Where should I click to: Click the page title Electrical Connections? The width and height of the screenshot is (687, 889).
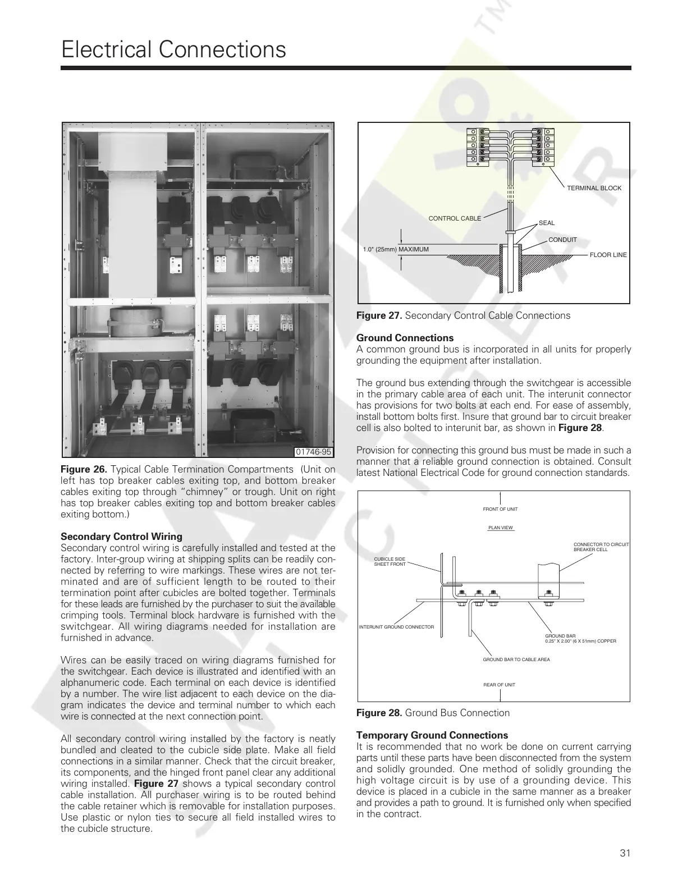point(173,49)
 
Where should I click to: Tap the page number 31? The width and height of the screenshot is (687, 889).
point(625,853)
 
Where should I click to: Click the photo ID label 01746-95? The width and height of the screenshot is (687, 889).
point(313,452)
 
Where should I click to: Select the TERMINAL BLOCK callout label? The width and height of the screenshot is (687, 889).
point(594,188)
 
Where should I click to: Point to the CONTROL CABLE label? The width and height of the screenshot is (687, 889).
point(455,218)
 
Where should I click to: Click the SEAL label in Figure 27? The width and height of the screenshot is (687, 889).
point(546,223)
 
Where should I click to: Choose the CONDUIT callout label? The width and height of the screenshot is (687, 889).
point(562,240)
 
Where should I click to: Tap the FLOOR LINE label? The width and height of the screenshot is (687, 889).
point(608,255)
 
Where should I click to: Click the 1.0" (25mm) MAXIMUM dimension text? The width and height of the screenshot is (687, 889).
point(396,249)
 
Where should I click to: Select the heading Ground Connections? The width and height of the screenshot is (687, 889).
point(405,338)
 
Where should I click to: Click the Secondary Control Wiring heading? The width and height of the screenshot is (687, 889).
point(121,537)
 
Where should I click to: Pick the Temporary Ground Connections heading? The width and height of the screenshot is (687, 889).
point(432,735)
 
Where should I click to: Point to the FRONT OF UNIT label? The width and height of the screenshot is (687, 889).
point(500,509)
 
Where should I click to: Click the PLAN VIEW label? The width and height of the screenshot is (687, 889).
point(500,528)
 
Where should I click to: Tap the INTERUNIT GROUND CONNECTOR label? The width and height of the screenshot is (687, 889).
point(396,627)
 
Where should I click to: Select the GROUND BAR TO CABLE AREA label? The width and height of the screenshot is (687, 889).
point(516,659)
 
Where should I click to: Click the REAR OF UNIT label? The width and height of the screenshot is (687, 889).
point(499,685)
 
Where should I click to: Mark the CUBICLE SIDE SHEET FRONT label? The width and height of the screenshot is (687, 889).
point(390,561)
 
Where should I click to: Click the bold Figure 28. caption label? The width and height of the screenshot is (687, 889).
point(379,713)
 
